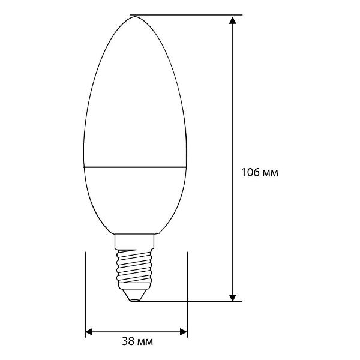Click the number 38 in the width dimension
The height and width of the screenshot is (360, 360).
coord(127,342)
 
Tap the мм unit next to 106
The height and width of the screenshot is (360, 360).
coord(271,173)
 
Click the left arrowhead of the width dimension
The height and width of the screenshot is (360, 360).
coord(91,331)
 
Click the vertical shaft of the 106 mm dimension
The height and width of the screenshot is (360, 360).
coord(232,108)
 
